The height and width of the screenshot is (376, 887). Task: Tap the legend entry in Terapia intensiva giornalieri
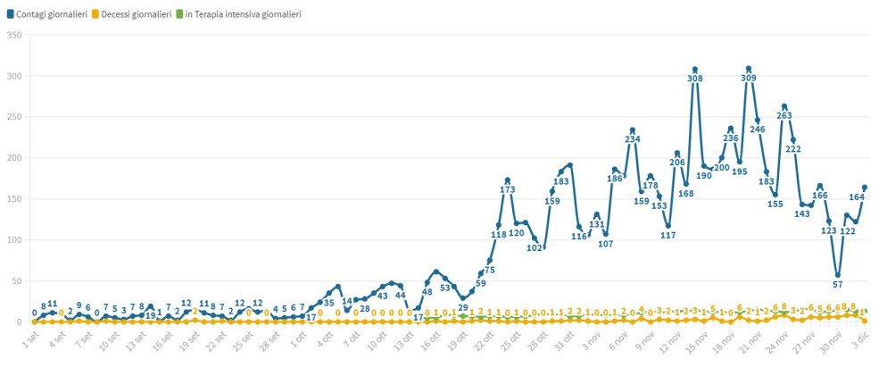click(243, 15)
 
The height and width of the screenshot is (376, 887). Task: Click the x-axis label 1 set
click(30, 340)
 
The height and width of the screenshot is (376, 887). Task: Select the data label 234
click(633, 139)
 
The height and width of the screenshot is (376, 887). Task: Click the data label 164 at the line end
click(857, 197)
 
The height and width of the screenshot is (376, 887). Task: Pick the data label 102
click(535, 248)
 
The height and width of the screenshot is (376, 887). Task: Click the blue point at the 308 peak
click(695, 69)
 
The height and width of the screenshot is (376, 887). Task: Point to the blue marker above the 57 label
click(838, 275)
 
